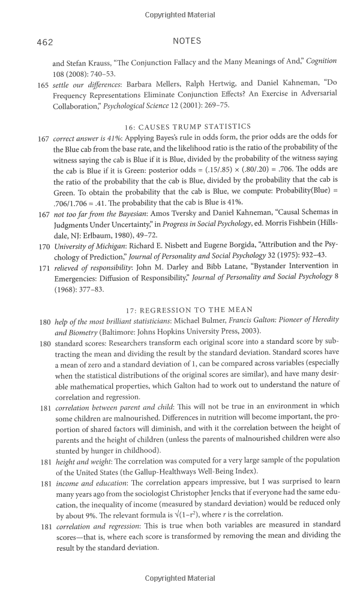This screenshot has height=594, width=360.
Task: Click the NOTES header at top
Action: (x=187, y=41)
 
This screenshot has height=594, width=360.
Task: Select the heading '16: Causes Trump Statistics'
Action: (x=187, y=127)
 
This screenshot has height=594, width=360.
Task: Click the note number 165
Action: (x=43, y=83)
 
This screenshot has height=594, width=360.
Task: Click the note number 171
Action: (x=43, y=265)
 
